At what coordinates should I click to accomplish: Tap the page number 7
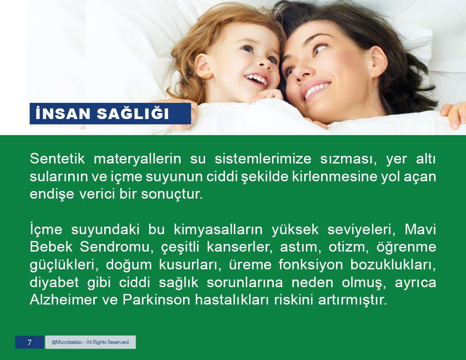tap(29, 342)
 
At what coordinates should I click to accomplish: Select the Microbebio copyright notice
tap(90, 342)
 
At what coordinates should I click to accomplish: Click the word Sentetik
tap(57, 159)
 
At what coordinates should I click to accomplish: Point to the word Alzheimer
tap(63, 300)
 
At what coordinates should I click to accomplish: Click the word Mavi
tap(420, 229)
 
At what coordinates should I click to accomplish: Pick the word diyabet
tap(54, 282)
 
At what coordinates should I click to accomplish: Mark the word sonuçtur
tap(172, 194)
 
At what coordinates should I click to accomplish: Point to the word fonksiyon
tap(311, 265)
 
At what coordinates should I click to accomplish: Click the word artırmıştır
tap(353, 300)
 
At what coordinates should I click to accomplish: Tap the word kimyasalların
tap(218, 229)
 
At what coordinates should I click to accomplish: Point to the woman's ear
tap(378, 62)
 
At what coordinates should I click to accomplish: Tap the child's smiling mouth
tap(257, 79)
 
